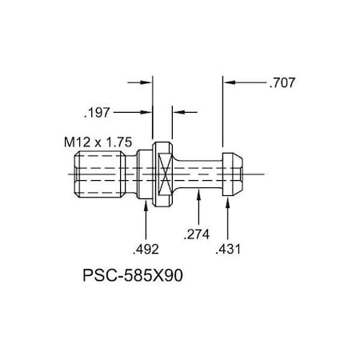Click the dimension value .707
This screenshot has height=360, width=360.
283,82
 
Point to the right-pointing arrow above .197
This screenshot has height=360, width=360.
146,82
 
